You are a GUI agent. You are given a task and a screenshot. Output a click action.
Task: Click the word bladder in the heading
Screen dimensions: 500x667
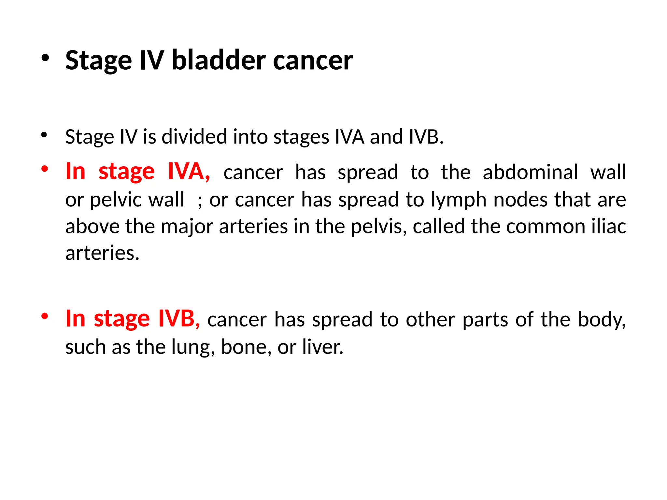click(x=219, y=60)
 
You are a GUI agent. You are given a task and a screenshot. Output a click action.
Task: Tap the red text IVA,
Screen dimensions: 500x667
click(x=189, y=172)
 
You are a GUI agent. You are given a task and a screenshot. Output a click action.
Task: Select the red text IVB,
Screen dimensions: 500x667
click(x=179, y=319)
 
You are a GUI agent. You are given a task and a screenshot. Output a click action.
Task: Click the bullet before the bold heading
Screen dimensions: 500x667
click(x=45, y=58)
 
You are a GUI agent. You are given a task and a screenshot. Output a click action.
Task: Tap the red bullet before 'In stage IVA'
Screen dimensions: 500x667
click(x=45, y=169)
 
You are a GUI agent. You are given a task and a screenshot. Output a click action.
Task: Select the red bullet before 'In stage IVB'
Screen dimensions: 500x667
click(x=45, y=316)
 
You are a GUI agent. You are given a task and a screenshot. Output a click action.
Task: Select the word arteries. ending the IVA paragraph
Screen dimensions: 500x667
click(x=102, y=253)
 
